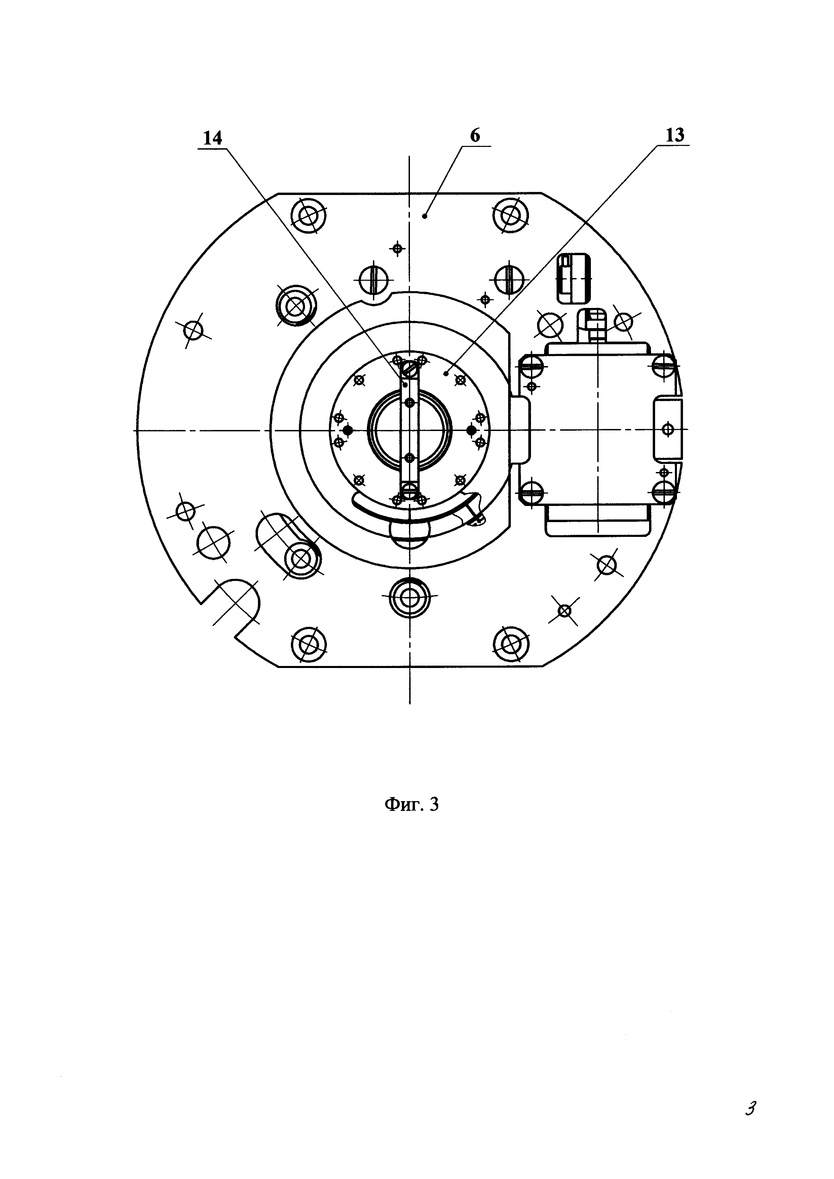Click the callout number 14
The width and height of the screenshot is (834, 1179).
(213, 138)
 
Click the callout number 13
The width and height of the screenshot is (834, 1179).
(675, 135)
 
